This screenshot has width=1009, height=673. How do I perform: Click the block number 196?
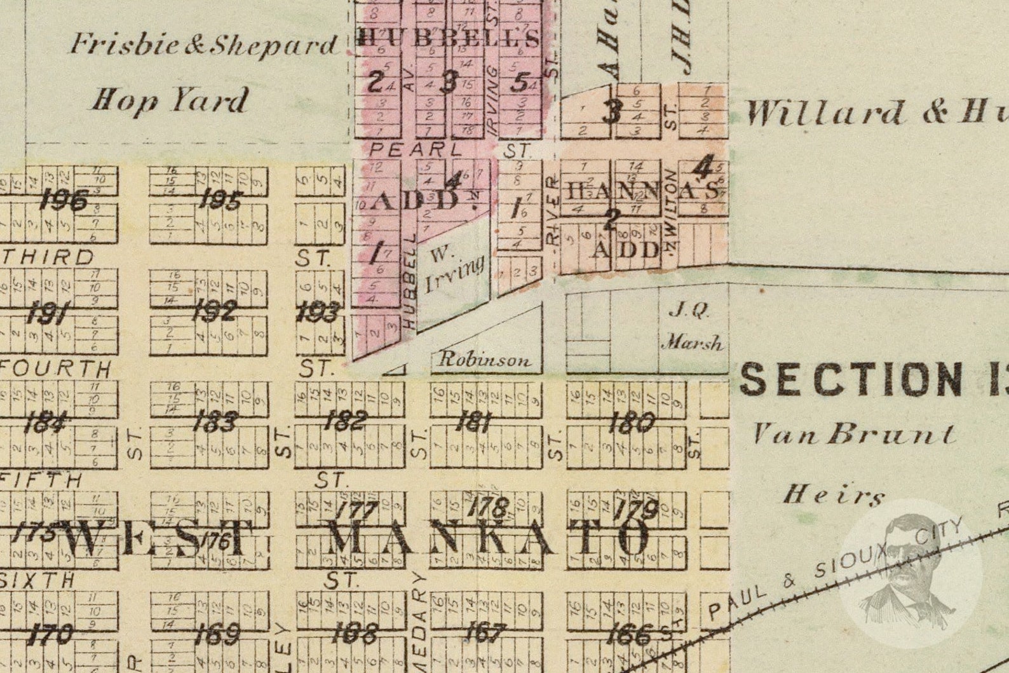pos(63,201)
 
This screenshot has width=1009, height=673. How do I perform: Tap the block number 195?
pos(219,201)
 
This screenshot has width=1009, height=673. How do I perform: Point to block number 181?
pos(471,421)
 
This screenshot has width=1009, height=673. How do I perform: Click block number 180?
pos(631,422)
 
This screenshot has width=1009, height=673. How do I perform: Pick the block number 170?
pos(51,634)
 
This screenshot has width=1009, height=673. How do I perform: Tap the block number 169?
pos(217,634)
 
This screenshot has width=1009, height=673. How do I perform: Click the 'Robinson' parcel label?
pos(485,360)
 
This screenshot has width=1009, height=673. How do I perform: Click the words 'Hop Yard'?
pos(170,100)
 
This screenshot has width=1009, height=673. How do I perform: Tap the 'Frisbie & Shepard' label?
pos(203,44)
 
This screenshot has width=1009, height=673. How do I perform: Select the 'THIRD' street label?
pos(48,257)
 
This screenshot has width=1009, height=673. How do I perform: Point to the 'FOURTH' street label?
pos(57,369)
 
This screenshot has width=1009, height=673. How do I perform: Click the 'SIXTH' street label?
pos(38,580)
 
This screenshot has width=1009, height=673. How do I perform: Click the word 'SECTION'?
pos(851,379)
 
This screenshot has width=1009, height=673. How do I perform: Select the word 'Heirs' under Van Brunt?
pos(833,494)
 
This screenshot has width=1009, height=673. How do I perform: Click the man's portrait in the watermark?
pos(910,572)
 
